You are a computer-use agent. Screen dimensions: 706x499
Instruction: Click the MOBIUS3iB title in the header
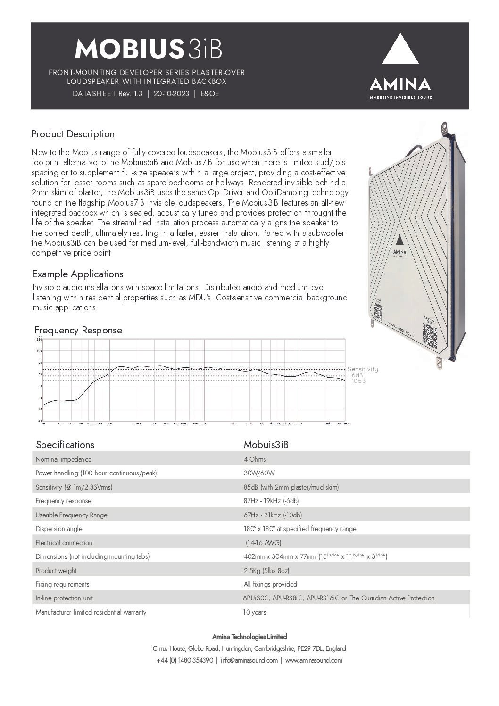pyautogui.click(x=148, y=48)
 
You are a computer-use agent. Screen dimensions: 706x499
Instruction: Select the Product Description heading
pyautogui.click(x=73, y=134)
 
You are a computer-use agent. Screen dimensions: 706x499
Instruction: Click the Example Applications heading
pyautogui.click(x=78, y=274)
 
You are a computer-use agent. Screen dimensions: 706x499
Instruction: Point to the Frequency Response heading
pyautogui.click(x=78, y=330)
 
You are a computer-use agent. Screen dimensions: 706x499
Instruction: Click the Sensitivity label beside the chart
pyautogui.click(x=363, y=369)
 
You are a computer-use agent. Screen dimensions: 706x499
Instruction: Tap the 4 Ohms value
pyautogui.click(x=255, y=459)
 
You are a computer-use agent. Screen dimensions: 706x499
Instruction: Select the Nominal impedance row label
pyautogui.click(x=64, y=459)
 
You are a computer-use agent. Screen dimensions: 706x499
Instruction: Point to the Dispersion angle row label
pyautogui.click(x=59, y=529)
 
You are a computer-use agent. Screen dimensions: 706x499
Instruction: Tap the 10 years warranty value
pyautogui.click(x=254, y=612)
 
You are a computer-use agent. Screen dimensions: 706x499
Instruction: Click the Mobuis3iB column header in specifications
pyautogui.click(x=266, y=445)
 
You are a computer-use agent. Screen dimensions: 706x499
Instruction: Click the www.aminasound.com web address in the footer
pyautogui.click(x=314, y=660)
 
